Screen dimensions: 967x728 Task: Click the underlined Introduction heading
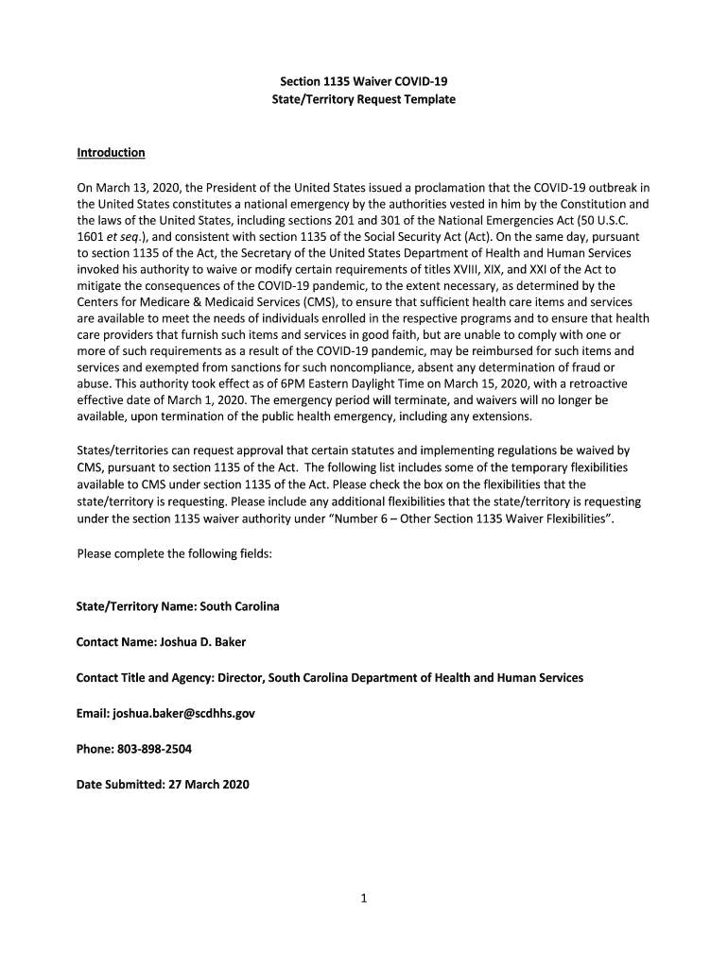click(x=111, y=153)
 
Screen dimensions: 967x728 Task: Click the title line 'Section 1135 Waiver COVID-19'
click(x=363, y=81)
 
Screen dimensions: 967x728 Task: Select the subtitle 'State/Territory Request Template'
click(x=363, y=99)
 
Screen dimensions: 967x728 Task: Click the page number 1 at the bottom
click(x=363, y=898)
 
